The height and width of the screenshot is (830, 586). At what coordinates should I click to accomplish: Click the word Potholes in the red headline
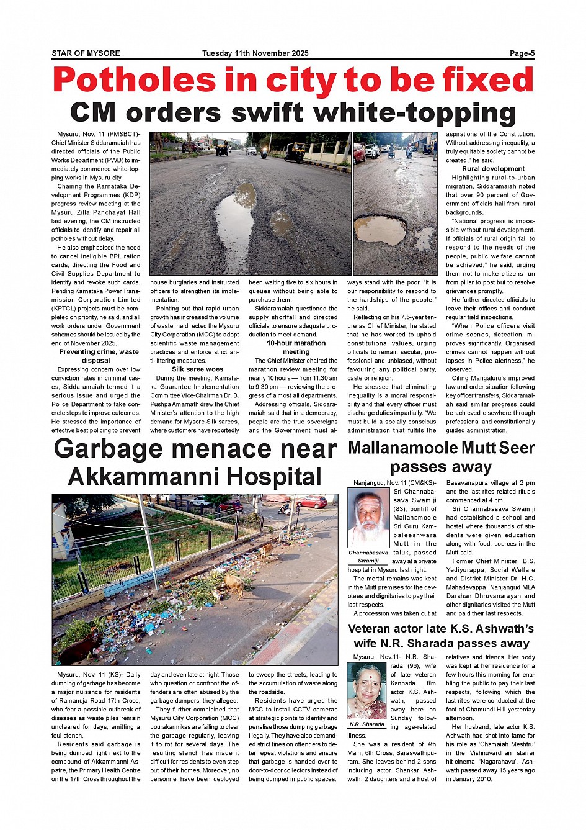pos(134,81)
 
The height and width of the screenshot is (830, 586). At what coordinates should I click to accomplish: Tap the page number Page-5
pos(522,53)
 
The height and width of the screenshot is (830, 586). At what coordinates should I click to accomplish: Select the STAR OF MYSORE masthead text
pos(86,53)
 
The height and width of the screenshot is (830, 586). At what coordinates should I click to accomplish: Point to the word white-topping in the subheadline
pos(415,113)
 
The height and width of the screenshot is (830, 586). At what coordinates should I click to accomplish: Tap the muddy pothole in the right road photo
pos(380,229)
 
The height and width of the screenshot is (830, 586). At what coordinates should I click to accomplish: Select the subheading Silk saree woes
pos(197,369)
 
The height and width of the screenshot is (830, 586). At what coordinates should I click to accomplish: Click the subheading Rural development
pos(493,169)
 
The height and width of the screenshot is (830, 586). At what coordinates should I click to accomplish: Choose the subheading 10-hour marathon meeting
pos(296,347)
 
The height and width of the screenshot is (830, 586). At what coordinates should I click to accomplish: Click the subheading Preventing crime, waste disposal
pos(99,356)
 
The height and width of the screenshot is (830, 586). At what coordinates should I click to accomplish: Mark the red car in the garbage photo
pos(313,502)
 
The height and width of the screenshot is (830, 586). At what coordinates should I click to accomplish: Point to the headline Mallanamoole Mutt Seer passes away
pos(441,457)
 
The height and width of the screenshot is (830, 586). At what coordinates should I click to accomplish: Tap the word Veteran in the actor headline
pos(371,629)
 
